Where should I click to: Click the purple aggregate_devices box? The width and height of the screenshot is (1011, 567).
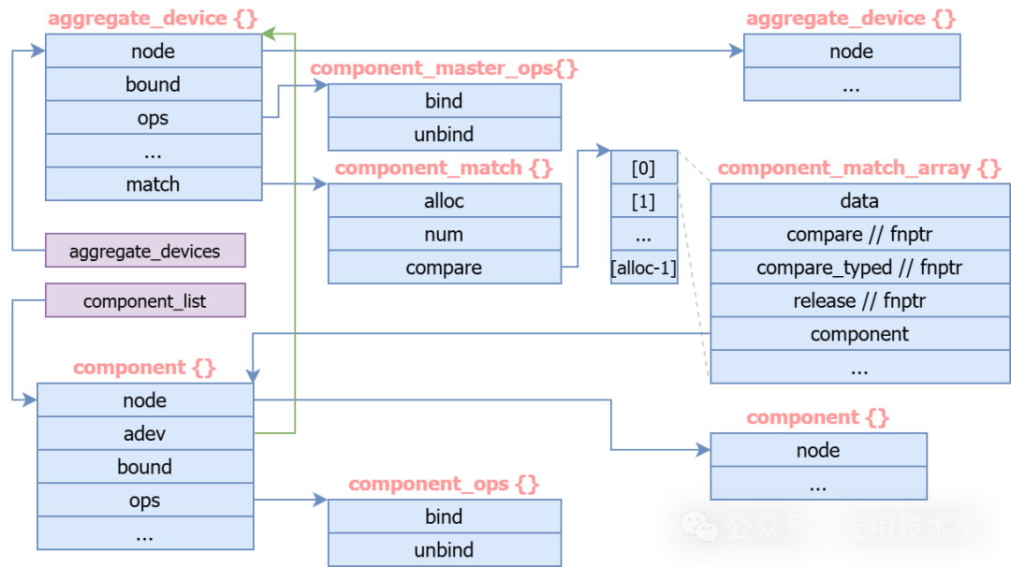pyautogui.click(x=145, y=251)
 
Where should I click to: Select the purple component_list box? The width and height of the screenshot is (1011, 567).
pyautogui.click(x=145, y=301)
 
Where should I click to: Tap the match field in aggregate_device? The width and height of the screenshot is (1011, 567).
pyautogui.click(x=153, y=184)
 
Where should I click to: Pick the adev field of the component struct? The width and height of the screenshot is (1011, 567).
pyautogui.click(x=145, y=434)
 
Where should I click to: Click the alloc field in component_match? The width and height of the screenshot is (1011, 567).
pyautogui.click(x=444, y=201)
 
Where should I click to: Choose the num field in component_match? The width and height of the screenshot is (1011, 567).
pyautogui.click(x=444, y=235)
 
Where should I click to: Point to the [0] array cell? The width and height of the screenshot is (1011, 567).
pyautogui.click(x=643, y=168)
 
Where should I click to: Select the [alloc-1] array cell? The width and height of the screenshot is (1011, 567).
pyautogui.click(x=643, y=269)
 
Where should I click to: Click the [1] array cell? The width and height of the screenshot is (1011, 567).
pyautogui.click(x=643, y=202)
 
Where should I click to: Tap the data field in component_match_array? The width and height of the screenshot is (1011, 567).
pyautogui.click(x=859, y=201)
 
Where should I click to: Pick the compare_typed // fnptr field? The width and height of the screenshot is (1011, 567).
pyautogui.click(x=859, y=268)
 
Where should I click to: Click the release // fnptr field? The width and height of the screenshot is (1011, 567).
pyautogui.click(x=859, y=301)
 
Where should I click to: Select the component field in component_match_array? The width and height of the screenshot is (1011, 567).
pyautogui.click(x=859, y=334)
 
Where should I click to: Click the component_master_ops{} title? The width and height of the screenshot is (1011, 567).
pyautogui.click(x=444, y=69)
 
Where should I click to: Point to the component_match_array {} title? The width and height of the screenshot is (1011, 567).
pyautogui.click(x=859, y=169)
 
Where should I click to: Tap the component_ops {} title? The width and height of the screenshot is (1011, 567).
pyautogui.click(x=444, y=485)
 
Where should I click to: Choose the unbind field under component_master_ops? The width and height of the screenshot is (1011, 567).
pyautogui.click(x=444, y=135)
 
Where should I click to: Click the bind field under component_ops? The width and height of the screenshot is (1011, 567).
pyautogui.click(x=444, y=516)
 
